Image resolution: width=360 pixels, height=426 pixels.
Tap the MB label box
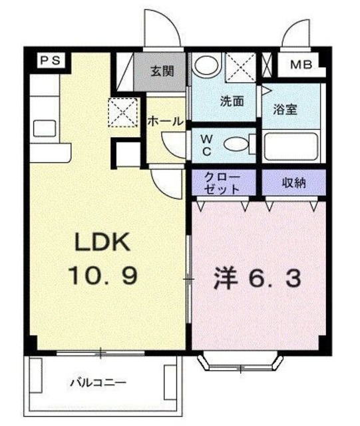[x=303, y=65]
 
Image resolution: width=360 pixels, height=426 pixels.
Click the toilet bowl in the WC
[x=235, y=144]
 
